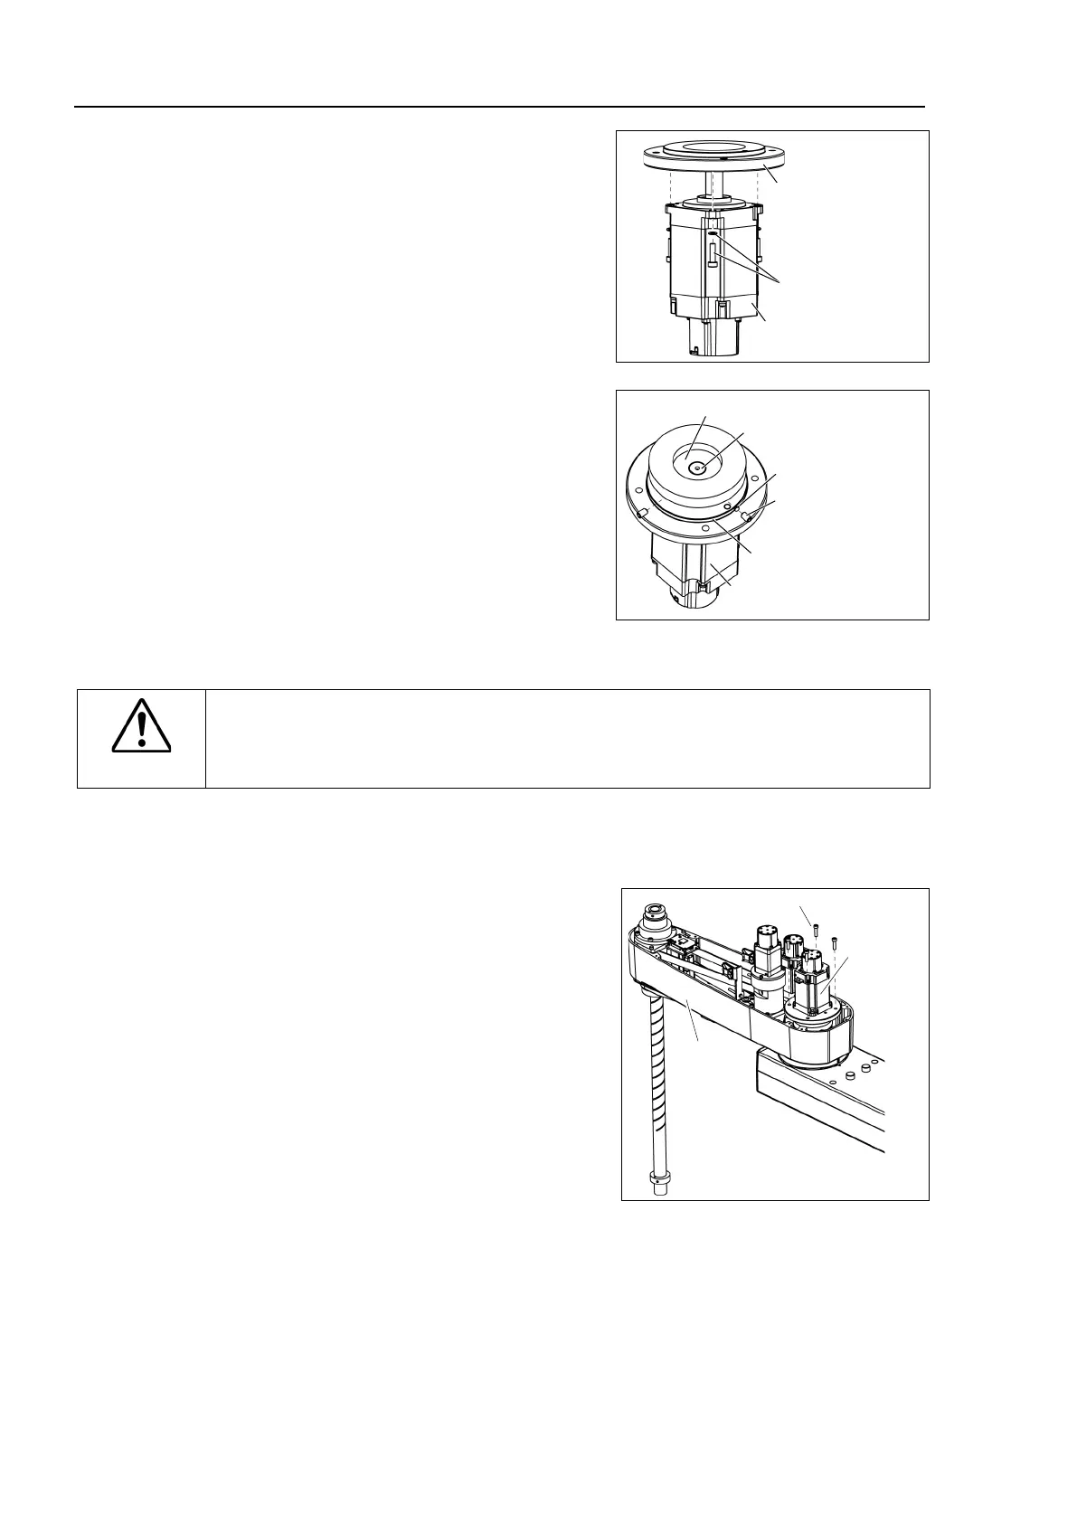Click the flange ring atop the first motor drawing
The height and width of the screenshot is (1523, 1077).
714,159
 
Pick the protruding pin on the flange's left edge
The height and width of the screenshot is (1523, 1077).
641,513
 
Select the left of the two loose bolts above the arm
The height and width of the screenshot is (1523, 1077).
817,927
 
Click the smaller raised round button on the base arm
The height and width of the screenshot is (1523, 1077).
850,1077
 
